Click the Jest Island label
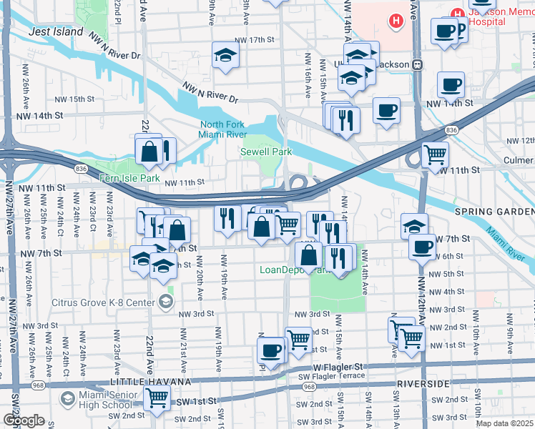(x=55, y=32)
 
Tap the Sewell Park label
(x=266, y=152)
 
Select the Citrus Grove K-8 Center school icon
(x=167, y=301)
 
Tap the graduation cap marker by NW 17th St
(x=225, y=55)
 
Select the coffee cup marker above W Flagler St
(x=271, y=350)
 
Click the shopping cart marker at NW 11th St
(x=434, y=154)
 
